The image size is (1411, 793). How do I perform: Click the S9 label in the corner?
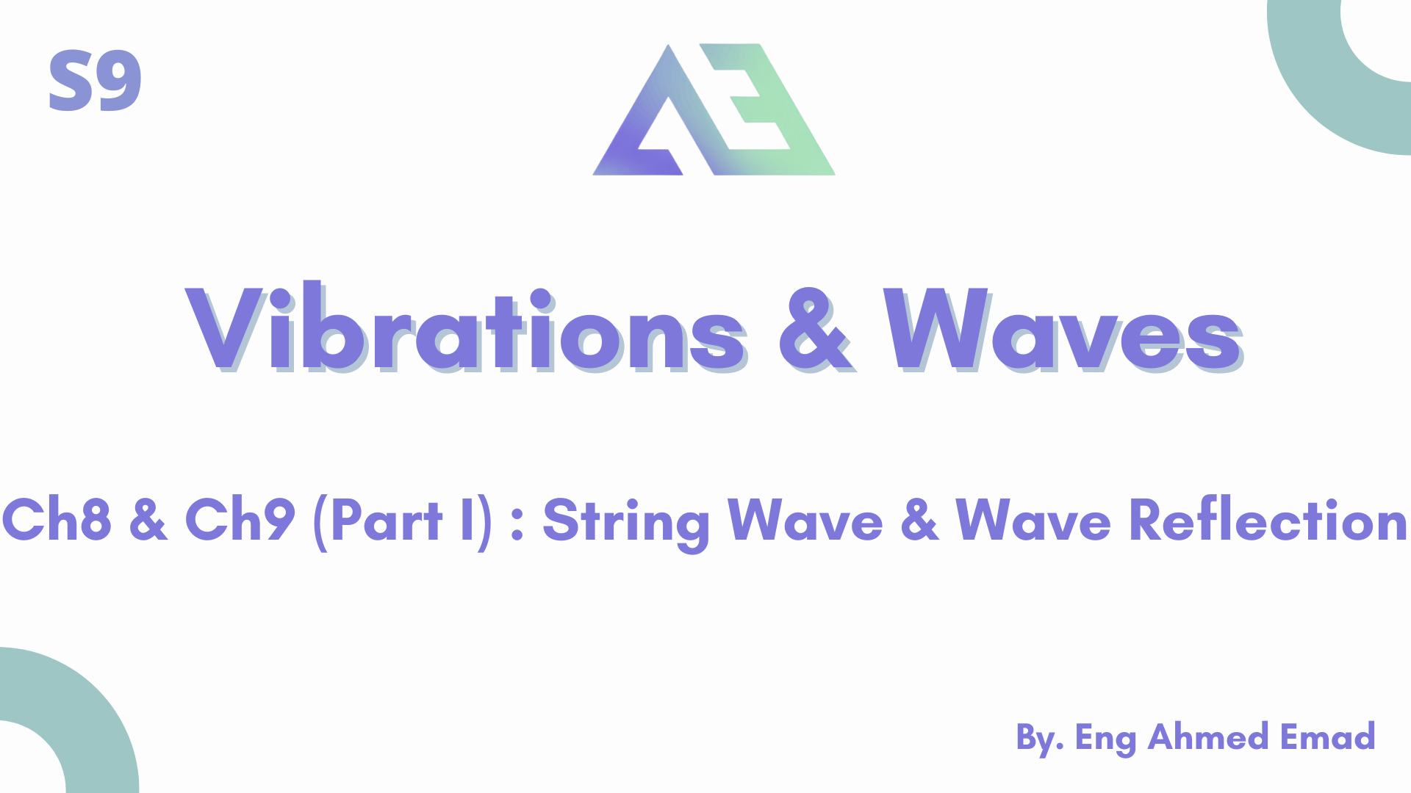[x=95, y=81]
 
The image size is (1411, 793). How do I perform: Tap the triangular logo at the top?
[x=714, y=109]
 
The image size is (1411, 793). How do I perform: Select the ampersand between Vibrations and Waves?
[x=816, y=329]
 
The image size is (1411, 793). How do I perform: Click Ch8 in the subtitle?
[x=57, y=520]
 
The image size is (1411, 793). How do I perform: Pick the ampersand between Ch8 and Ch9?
[x=148, y=520]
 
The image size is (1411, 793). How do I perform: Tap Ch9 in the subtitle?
[x=240, y=520]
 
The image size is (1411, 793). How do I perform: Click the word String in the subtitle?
[x=626, y=524]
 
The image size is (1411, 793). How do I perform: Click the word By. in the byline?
[x=1040, y=738]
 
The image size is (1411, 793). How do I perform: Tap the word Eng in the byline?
[x=1105, y=739]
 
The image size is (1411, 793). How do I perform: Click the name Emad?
[x=1327, y=736]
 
